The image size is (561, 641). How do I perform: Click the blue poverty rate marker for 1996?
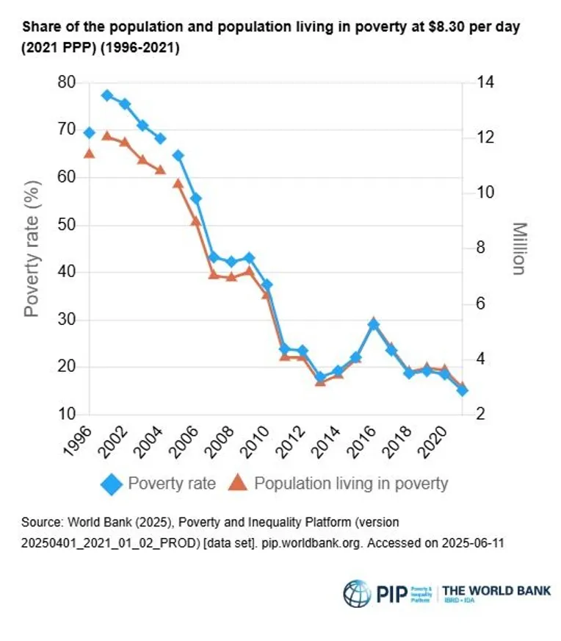click(90, 132)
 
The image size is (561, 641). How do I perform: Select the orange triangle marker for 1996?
click(90, 153)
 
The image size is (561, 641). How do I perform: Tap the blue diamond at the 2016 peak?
click(374, 324)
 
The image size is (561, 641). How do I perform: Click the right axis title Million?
click(519, 248)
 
